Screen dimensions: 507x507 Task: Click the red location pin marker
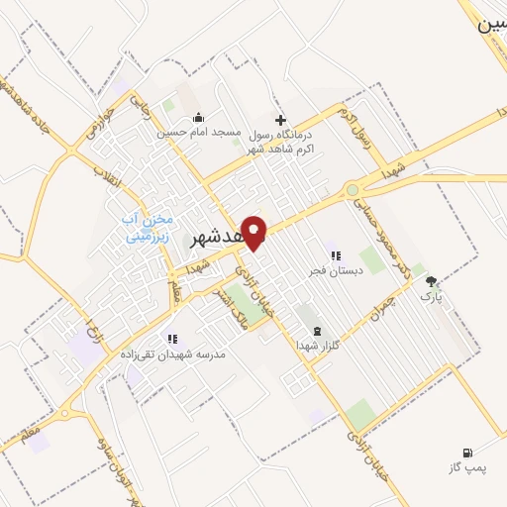point(255,232)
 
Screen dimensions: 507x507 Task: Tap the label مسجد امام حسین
point(197,131)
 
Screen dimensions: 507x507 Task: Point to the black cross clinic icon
point(280,119)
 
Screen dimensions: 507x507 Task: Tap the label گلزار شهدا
point(317,345)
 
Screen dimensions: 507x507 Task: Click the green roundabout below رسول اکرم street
point(352,190)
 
